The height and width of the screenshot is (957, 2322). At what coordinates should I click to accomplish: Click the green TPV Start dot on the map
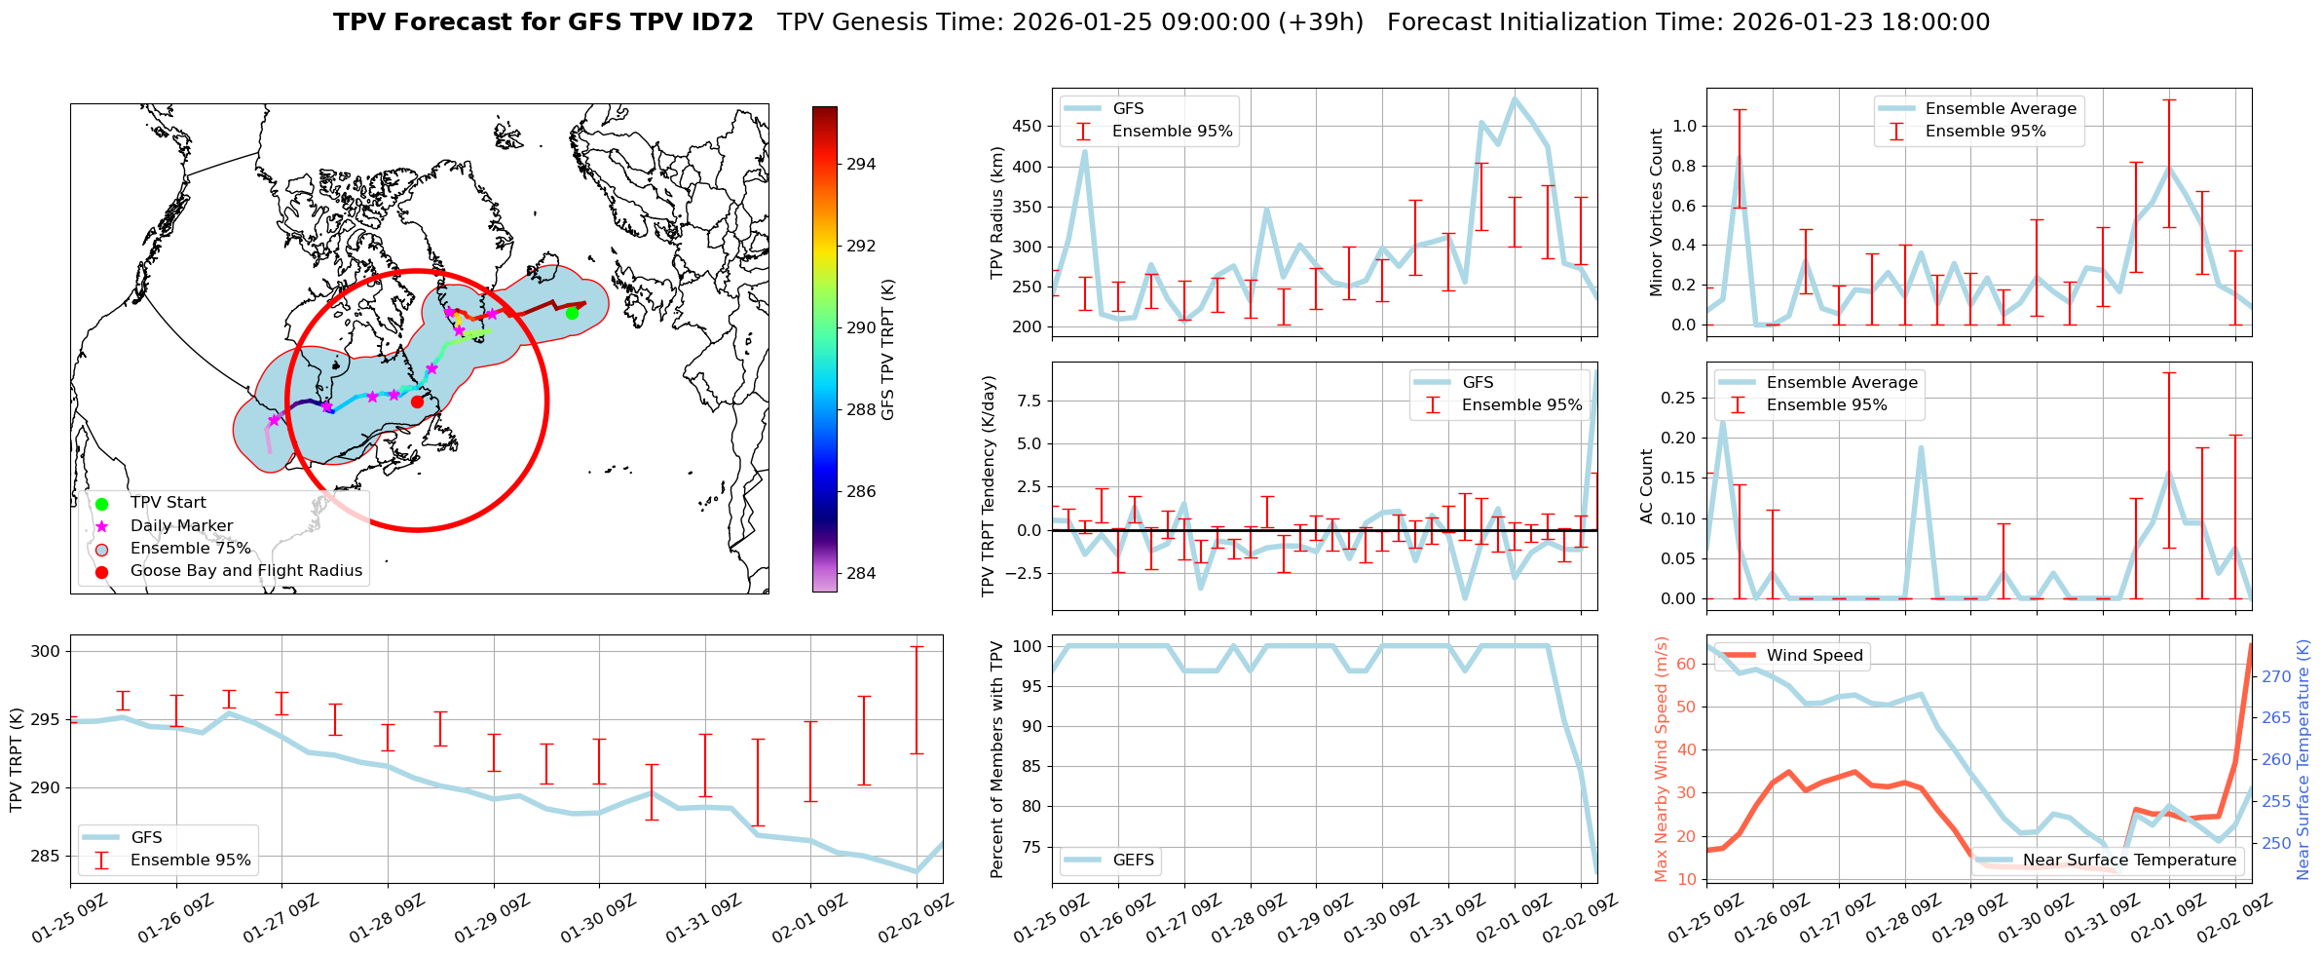[x=572, y=313]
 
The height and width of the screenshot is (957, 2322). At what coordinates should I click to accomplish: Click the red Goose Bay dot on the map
[x=417, y=402]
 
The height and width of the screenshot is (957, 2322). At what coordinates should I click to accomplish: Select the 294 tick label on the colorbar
[x=861, y=165]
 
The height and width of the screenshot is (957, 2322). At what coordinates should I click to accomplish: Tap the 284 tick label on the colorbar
[x=861, y=574]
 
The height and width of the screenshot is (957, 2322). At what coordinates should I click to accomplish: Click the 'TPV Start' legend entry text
[x=169, y=503]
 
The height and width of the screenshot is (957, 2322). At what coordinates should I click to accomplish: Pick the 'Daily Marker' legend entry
[x=181, y=526]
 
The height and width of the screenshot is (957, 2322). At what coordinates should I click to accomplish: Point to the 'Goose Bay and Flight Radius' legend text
[x=245, y=571]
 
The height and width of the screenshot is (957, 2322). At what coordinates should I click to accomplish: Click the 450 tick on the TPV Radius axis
[x=1028, y=127]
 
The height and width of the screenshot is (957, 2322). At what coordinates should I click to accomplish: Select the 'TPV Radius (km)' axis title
[x=996, y=212]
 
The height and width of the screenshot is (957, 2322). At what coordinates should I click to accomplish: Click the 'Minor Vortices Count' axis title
[x=1657, y=212]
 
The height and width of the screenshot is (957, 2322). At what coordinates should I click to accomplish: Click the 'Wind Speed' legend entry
[x=1815, y=656]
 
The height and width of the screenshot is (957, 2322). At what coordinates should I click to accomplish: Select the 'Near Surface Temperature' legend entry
[x=2129, y=861]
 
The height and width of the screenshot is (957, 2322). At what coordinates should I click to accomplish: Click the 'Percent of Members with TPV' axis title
[x=996, y=759]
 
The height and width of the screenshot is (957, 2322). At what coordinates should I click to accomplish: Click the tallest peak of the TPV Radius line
[x=1515, y=97]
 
